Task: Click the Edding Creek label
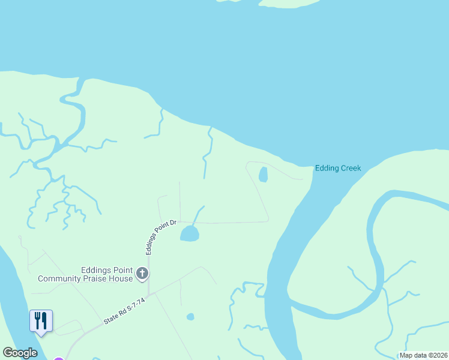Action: [x=338, y=168]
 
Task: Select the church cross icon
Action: [x=142, y=274]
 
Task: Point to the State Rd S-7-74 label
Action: [x=124, y=312]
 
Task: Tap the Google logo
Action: [x=20, y=353]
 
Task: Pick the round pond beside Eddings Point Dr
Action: [x=190, y=233]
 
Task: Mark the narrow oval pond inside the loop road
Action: [x=262, y=175]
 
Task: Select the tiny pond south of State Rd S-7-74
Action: [x=190, y=317]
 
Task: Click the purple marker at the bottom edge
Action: [x=58, y=359]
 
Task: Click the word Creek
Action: [x=350, y=168]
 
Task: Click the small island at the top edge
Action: [x=288, y=3]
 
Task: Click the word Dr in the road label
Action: [x=172, y=223]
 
